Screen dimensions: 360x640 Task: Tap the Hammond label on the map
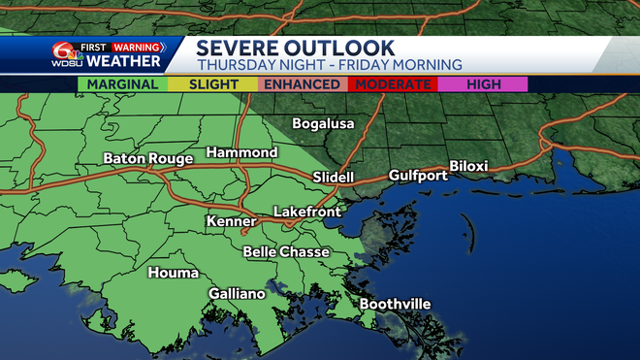pos(241,153)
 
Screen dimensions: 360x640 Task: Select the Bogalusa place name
pos(323,124)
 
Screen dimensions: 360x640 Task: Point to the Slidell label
pos(334,177)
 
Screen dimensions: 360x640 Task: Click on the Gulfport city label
pos(418,176)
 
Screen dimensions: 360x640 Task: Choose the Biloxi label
pos(469,166)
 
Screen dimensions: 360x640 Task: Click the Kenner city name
pos(231,222)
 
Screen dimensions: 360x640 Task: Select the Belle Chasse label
pos(286,252)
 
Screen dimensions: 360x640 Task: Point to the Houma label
pos(174,273)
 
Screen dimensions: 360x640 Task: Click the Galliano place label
pos(237,294)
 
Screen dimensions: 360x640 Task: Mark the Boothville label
pos(395,305)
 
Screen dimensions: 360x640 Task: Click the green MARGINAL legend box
pos(122,84)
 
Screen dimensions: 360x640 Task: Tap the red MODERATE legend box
pos(392,84)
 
